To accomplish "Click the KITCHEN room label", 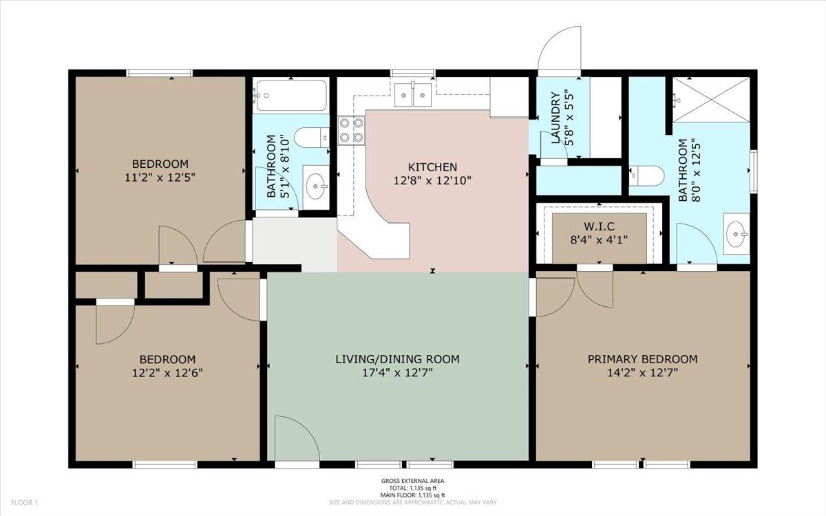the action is coord(432,167).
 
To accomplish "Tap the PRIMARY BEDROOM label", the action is coord(642,359).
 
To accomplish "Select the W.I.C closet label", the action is coord(599,226).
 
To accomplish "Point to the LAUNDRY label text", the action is coord(555,117).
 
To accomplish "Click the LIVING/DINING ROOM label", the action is coord(398,359).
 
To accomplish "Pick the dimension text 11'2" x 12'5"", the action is coord(160,178).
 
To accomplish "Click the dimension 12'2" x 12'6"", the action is coord(167,373).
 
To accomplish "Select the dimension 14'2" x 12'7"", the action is coord(642,373).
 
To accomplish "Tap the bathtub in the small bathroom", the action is coord(291,96).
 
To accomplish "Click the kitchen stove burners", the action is coord(352,130).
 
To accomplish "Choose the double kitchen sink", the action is coord(413,95).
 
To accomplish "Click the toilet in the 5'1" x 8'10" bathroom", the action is coord(312,138).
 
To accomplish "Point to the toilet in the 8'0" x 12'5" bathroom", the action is coord(646,175).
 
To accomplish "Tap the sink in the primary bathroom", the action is coord(737,234).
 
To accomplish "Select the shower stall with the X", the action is coord(711,99).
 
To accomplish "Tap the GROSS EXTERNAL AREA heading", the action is coord(412,481).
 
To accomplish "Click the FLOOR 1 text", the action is coord(24,502).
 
